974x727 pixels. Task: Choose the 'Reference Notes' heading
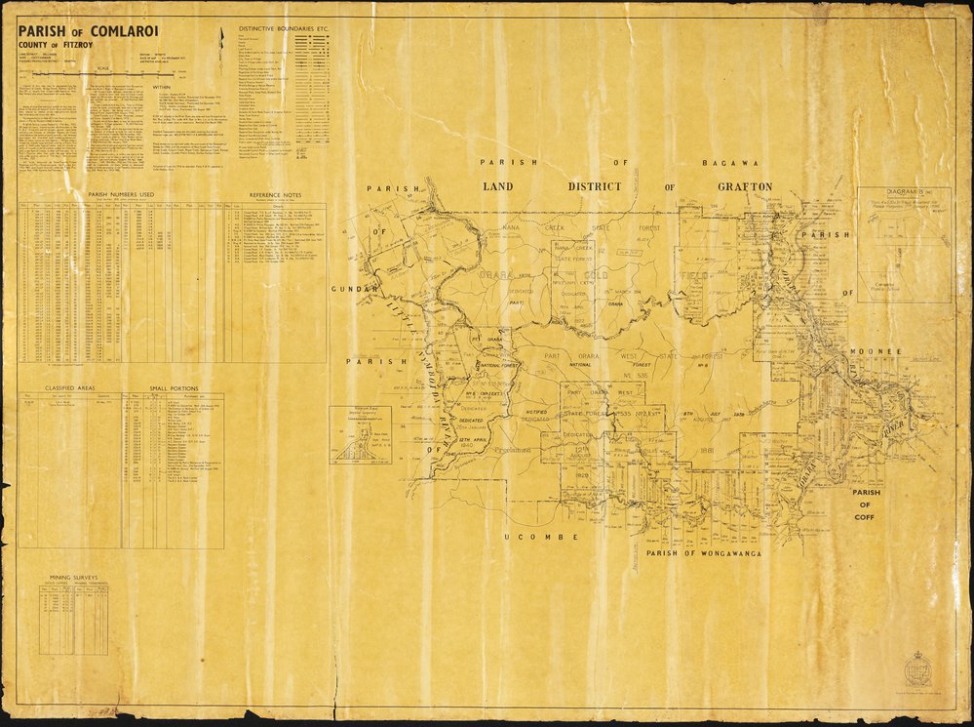click(276, 195)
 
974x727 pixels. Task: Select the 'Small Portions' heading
click(171, 386)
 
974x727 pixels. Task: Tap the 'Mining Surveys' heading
click(75, 579)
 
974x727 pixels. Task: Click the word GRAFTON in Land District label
click(745, 186)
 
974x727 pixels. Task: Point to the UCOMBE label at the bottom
click(553, 537)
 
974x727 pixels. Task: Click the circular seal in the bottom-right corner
click(917, 669)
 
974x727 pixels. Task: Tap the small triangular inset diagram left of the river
click(360, 434)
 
